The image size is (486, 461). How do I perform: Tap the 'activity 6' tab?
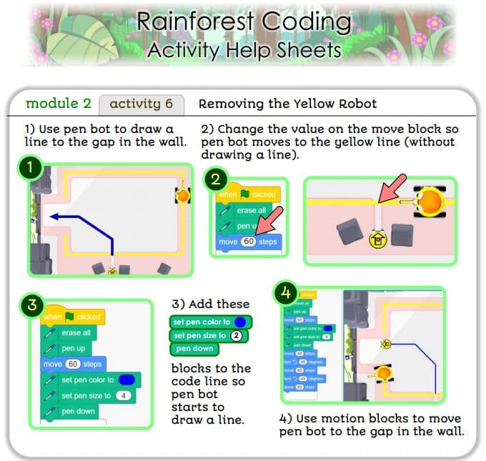[x=141, y=104]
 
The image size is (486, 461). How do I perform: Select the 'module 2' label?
[x=59, y=104]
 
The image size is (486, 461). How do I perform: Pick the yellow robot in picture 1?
[x=184, y=194]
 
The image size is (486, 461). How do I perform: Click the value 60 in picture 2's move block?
[x=249, y=242]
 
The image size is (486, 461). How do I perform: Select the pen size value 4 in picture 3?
[x=126, y=395]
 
